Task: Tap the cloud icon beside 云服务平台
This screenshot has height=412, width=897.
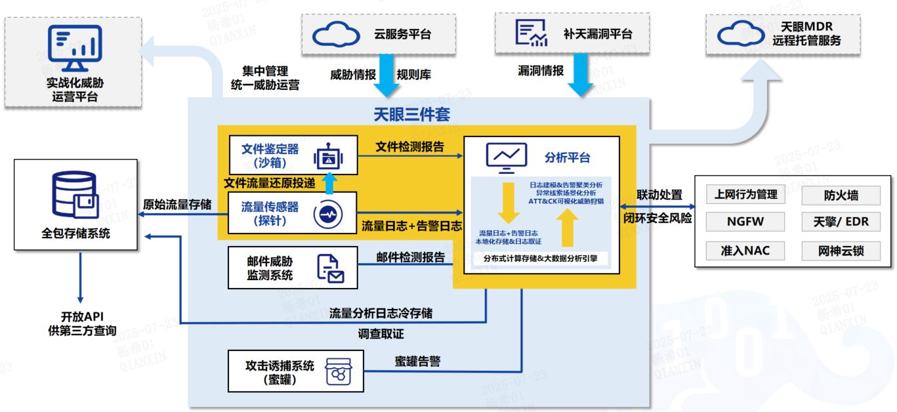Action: [336, 35]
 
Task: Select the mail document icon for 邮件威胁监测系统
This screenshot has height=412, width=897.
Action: [330, 268]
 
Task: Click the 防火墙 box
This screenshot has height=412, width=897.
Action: [841, 195]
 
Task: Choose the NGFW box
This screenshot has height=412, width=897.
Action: [745, 222]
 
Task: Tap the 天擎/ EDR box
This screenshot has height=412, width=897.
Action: [841, 222]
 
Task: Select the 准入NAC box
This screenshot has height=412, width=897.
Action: [745, 250]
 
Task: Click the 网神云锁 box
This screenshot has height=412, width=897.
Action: [841, 250]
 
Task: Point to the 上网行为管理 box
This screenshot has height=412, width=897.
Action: [745, 194]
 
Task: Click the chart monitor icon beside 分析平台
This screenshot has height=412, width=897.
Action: [505, 157]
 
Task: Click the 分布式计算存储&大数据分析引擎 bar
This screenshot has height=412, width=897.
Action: [541, 258]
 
